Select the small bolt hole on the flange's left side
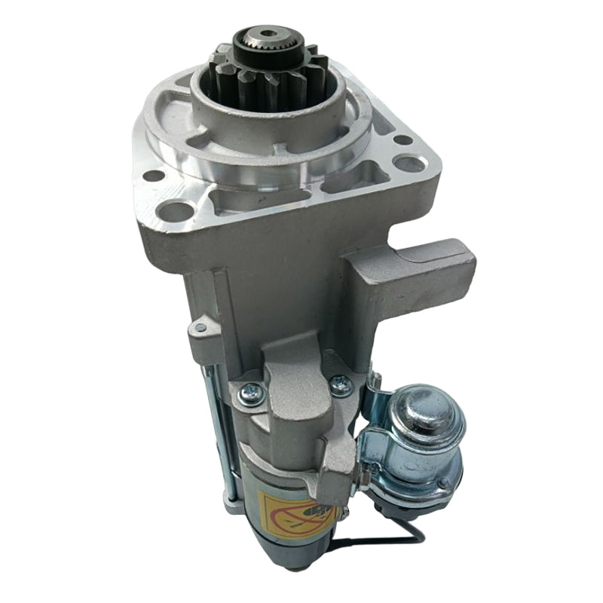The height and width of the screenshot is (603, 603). click(x=154, y=176)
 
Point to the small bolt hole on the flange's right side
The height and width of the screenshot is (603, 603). click(x=403, y=139)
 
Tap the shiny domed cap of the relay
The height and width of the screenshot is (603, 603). click(x=422, y=408)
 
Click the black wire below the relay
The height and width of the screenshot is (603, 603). click(x=377, y=539)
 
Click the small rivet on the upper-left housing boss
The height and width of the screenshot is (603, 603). click(x=200, y=327)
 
